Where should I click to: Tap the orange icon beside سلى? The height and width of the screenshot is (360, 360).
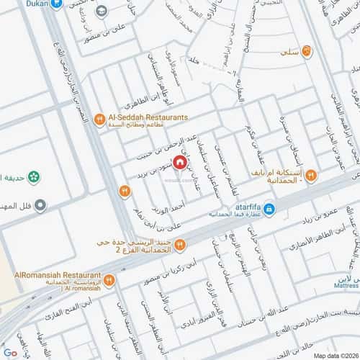[x=307, y=52]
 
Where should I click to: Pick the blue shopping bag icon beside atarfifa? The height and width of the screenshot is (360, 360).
[x=269, y=210]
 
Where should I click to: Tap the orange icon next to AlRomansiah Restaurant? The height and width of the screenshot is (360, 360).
[x=109, y=279]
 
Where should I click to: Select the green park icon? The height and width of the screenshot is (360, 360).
[x=33, y=177]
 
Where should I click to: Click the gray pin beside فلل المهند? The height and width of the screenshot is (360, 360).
[x=41, y=206]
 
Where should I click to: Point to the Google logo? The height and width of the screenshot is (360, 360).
[x=9, y=353]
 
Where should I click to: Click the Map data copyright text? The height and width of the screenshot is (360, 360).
[x=333, y=354]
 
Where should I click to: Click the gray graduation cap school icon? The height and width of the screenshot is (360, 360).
[x=101, y=12]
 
